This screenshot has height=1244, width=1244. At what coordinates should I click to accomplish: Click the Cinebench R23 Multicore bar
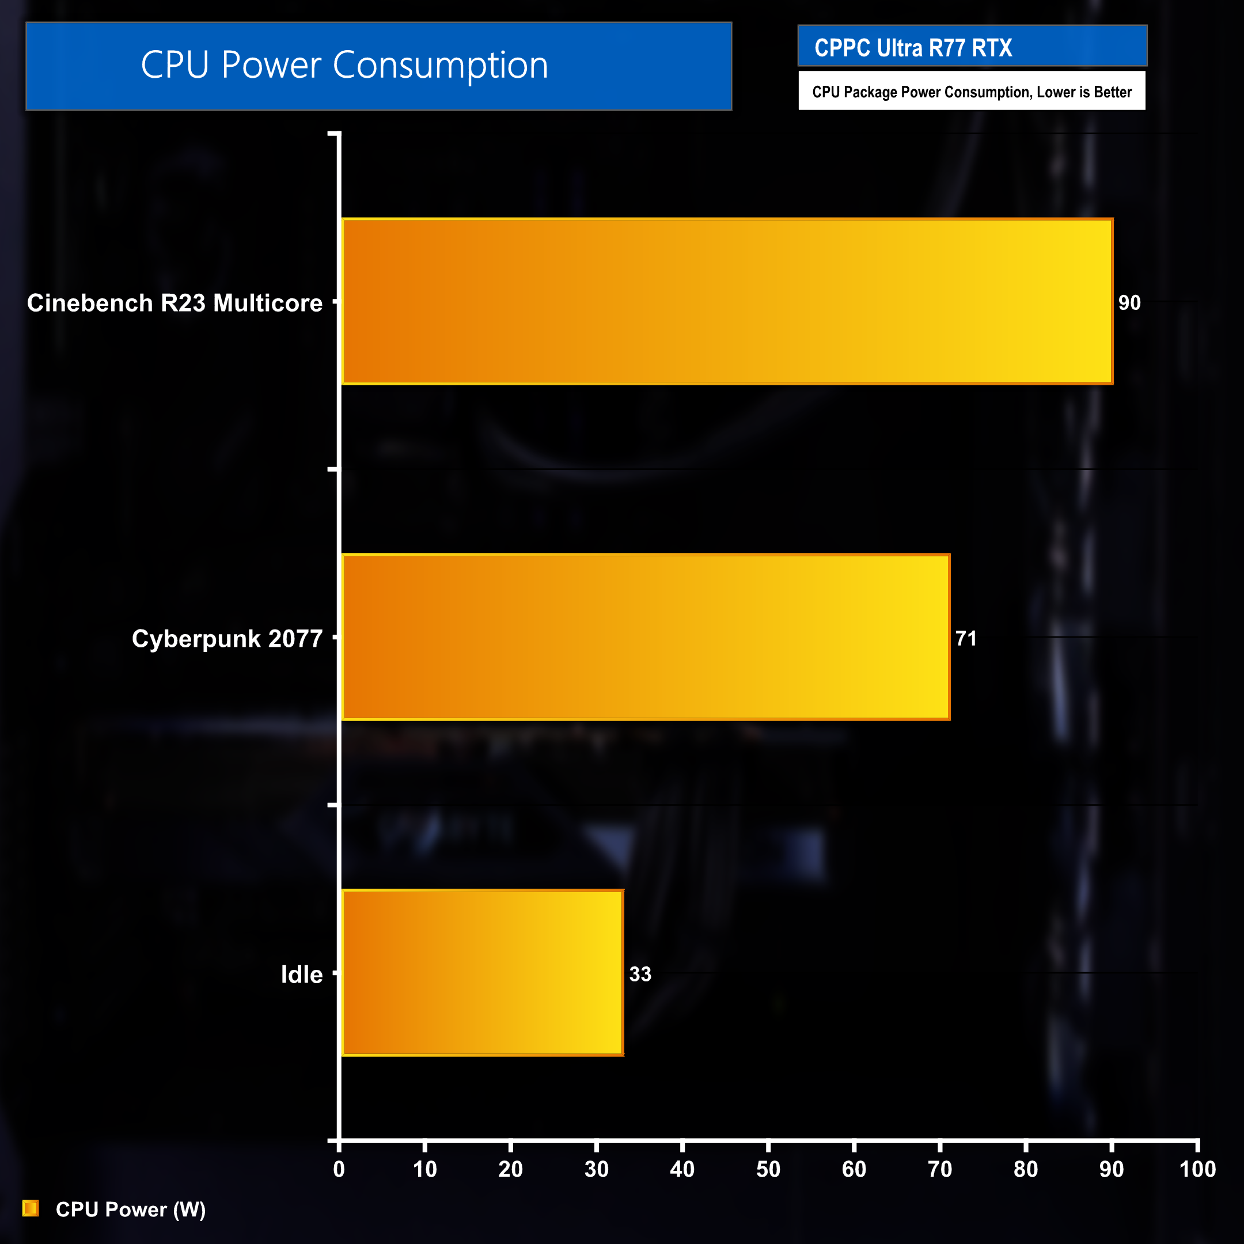[x=727, y=301]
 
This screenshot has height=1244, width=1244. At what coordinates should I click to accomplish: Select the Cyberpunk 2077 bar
[x=646, y=637]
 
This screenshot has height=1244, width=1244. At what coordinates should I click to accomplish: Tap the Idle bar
[x=482, y=973]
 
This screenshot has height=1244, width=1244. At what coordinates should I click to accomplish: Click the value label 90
[x=1129, y=302]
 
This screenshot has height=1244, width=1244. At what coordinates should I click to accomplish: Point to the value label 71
[x=966, y=638]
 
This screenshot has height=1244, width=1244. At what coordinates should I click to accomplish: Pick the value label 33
[x=640, y=974]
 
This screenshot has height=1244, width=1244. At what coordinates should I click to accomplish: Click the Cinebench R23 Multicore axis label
[x=175, y=302]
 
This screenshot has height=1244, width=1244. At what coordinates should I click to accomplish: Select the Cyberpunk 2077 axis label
[x=227, y=638]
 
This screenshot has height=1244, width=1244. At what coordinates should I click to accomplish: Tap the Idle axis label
[x=301, y=974]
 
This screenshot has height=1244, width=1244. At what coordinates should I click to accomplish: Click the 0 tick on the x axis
[x=339, y=1169]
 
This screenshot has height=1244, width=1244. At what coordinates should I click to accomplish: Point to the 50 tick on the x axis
[x=768, y=1169]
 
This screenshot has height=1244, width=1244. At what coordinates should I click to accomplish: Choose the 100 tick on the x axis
[x=1197, y=1169]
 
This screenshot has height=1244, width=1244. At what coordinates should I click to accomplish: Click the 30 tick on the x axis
[x=596, y=1169]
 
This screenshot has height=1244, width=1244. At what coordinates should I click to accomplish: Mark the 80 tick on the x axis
[x=1026, y=1169]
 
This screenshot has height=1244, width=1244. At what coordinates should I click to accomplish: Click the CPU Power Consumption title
[x=344, y=65]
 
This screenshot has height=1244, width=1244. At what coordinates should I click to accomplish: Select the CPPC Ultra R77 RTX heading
[x=913, y=48]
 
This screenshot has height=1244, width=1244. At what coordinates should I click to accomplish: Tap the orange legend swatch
[x=31, y=1209]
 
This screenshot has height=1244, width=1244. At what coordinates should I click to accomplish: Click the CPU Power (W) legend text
[x=131, y=1209]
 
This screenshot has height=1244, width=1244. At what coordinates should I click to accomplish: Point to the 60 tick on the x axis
[x=854, y=1169]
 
